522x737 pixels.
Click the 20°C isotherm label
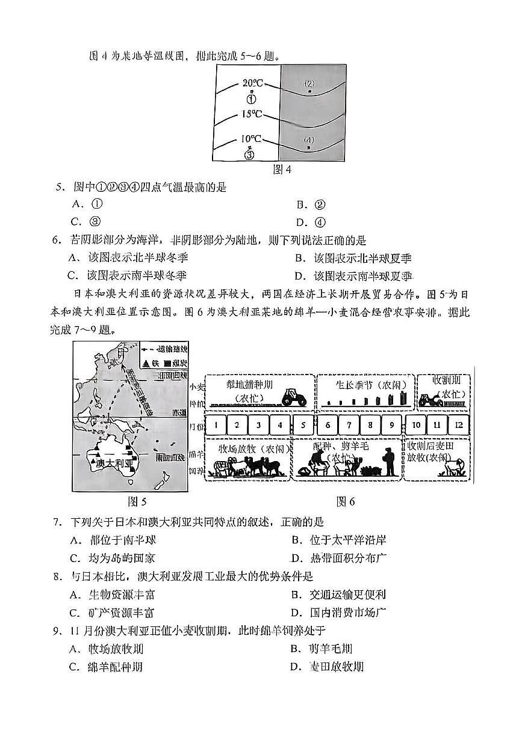point(253,83)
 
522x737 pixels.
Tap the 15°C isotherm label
point(252,114)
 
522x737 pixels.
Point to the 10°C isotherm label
point(251,139)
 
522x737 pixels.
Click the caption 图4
point(282,170)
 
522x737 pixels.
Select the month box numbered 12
point(459,425)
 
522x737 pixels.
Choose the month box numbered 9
point(391,425)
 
